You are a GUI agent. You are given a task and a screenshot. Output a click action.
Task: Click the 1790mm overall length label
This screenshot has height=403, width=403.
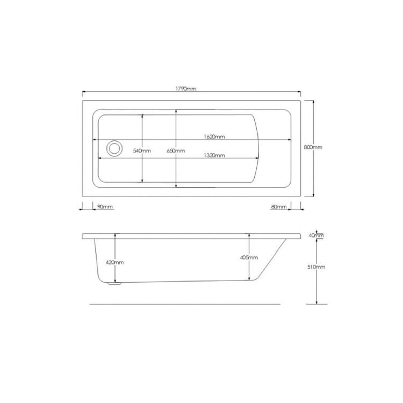(186, 89)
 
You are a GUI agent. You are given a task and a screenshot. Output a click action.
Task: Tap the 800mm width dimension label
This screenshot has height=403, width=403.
(313, 147)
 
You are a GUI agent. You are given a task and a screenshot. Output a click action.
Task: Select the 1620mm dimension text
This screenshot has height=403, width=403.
(214, 136)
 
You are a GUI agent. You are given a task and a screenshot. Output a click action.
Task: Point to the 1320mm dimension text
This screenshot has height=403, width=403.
(214, 155)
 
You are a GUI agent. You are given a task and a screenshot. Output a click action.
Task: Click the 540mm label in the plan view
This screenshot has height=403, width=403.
(142, 150)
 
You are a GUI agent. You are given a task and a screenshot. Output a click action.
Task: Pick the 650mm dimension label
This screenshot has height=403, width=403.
(176, 150)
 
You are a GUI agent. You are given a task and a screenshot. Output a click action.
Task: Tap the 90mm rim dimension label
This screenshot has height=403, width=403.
(105, 207)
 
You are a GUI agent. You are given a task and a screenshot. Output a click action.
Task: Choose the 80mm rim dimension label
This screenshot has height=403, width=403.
(279, 207)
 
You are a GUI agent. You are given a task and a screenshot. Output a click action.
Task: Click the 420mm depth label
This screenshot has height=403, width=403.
(114, 262)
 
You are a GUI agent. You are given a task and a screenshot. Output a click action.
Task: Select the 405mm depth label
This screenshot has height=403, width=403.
(249, 257)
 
